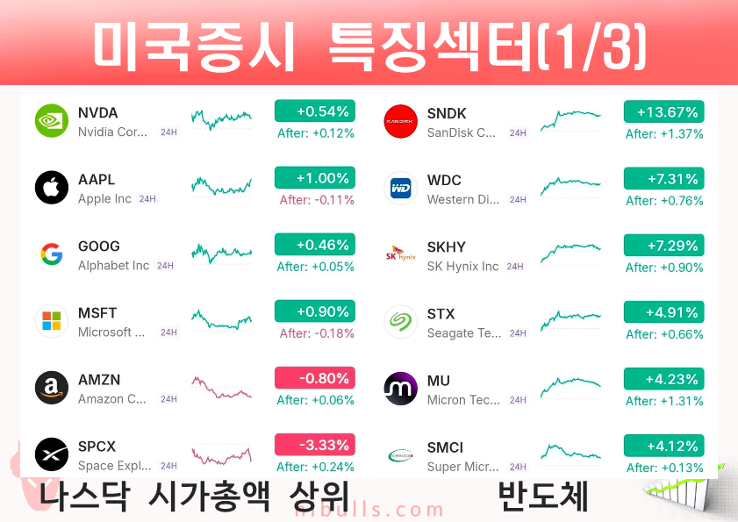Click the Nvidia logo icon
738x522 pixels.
click(52, 120)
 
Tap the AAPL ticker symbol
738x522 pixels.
click(97, 179)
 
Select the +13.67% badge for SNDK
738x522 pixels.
click(663, 112)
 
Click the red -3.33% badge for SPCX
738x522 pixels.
click(315, 445)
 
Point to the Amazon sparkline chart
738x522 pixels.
click(221, 387)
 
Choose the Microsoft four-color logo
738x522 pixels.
click(52, 320)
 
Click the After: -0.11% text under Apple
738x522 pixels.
click(317, 200)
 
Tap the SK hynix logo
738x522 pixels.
click(400, 254)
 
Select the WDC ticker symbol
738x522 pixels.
click(444, 180)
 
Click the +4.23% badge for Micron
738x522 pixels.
click(663, 379)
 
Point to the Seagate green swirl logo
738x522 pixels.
click(400, 321)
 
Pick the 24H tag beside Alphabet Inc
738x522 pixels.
click(165, 266)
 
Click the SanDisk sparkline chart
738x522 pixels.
click(570, 119)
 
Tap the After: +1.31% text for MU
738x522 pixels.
click(664, 401)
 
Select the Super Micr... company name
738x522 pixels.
click(462, 467)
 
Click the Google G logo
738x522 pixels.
click(52, 254)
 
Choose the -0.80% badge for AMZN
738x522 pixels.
click(315, 378)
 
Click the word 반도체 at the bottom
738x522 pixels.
click(542, 496)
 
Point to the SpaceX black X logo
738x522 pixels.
click(52, 454)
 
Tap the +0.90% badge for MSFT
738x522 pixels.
click(315, 311)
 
